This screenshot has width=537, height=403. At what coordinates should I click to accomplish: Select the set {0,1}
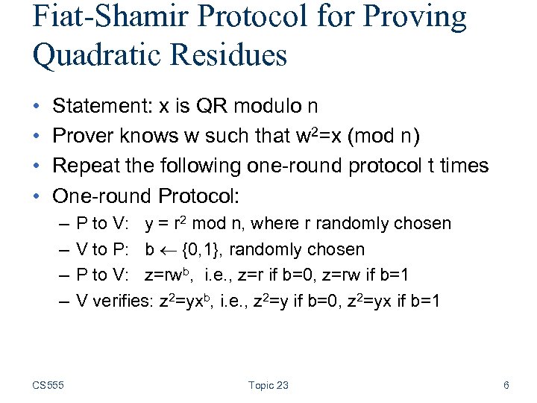tap(201, 250)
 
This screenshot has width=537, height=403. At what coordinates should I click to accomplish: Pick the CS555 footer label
tap(48, 385)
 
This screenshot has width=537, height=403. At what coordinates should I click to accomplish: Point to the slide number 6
tap(506, 385)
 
